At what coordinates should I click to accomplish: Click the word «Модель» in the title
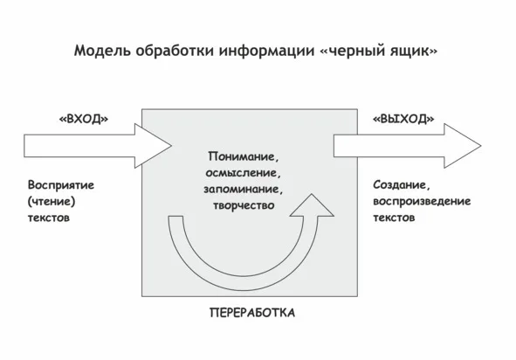pos(102,51)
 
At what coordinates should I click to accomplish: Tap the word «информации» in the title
pos(267,51)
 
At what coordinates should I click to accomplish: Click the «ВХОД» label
pos(84,119)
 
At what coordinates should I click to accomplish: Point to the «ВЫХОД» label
pos(403,119)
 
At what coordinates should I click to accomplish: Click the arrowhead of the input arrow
pos(153,146)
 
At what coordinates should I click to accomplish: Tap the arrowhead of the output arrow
pos(463,146)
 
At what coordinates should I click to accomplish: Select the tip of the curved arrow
pos(312,194)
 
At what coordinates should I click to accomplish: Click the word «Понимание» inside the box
pos(244,156)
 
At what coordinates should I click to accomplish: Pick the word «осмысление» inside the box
pos(244,173)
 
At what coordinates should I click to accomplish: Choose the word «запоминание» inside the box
pos(244,190)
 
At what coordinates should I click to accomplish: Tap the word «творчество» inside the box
pos(244,205)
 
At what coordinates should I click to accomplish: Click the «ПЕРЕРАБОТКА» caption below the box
pos(252,313)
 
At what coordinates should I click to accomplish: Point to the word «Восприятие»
pos(61,185)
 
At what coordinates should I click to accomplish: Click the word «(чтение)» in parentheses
pos(52,201)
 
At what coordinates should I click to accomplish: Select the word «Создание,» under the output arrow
pos(402,185)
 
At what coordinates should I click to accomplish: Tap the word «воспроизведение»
pos(422,201)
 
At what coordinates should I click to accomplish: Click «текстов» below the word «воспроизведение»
pos(394,218)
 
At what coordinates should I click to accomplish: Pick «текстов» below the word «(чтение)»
pos(49,218)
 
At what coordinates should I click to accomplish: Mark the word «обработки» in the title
pos(175,51)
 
